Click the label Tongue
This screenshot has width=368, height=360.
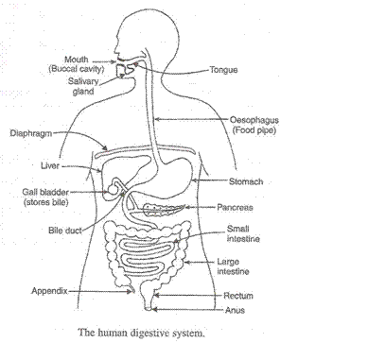click(224, 70)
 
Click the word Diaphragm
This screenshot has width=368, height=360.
click(27, 133)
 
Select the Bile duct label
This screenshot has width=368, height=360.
click(63, 230)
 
